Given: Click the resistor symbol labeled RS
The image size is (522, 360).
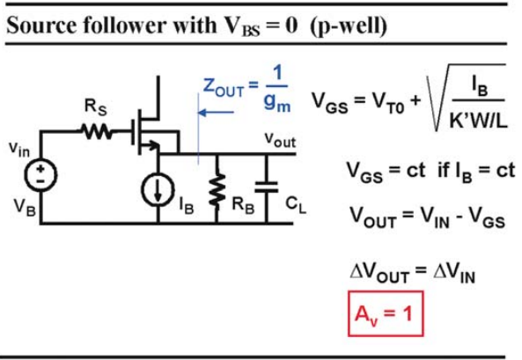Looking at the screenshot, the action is click(97, 131).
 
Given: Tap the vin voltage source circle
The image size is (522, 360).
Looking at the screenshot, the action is click(40, 175).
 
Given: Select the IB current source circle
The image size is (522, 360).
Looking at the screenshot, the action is click(158, 190).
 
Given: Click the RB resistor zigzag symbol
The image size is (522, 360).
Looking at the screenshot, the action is click(217, 190).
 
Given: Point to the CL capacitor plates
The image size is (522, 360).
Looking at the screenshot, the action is click(267, 187).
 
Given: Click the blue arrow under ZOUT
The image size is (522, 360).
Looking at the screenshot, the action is click(216, 113).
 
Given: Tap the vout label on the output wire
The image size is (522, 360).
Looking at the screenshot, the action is click(280, 140).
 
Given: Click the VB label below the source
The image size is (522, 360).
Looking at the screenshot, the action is click(25, 207).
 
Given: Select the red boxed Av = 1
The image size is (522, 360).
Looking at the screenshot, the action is click(386, 313).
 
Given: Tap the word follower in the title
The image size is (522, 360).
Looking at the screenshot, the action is click(124, 26).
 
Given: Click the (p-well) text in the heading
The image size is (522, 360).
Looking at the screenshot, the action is click(349, 26).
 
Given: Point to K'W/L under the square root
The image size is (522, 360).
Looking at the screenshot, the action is click(478, 120).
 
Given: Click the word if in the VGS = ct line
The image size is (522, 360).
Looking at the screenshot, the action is click(445, 170).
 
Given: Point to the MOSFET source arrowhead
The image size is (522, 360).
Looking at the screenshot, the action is click(154, 145).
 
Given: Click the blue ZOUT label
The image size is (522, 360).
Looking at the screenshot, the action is click(224, 86).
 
